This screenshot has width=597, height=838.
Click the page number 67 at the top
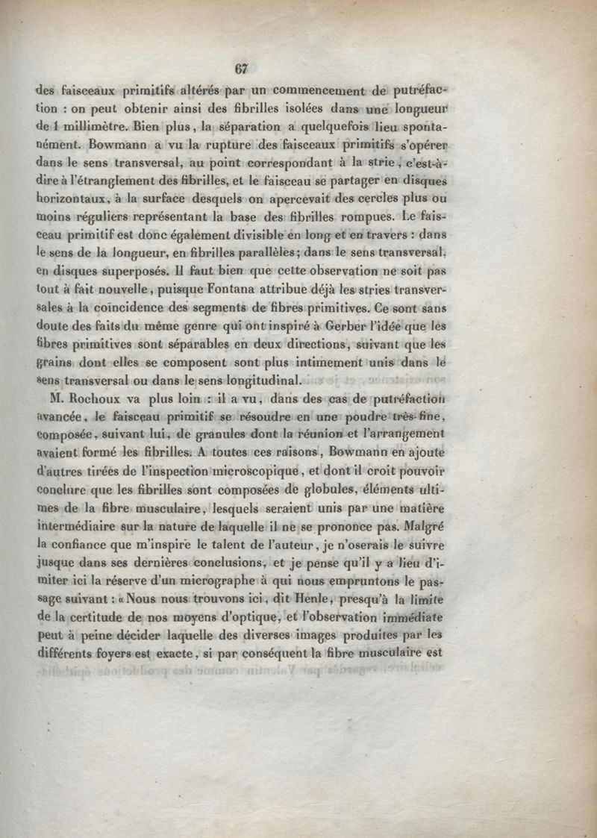coord(240,69)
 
